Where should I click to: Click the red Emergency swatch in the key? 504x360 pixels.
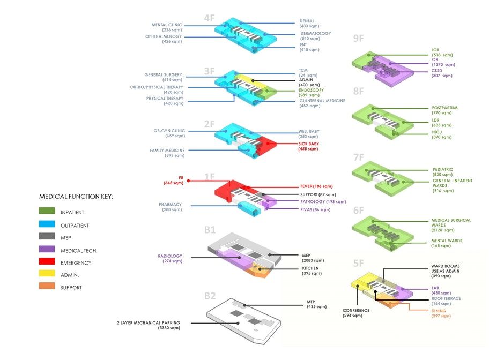(x=47, y=261)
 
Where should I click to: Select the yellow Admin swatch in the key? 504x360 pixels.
(x=47, y=273)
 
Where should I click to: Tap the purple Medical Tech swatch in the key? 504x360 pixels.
(x=47, y=249)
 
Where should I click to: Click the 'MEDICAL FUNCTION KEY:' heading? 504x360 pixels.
(x=76, y=197)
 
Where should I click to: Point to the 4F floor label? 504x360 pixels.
(x=209, y=18)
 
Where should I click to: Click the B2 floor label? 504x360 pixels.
(x=210, y=296)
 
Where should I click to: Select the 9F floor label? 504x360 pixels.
(x=358, y=39)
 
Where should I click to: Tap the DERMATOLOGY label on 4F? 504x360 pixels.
(x=316, y=33)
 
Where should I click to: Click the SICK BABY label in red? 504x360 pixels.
(x=309, y=144)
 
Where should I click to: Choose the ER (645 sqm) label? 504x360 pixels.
(x=174, y=181)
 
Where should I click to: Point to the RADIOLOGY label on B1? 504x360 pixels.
(x=170, y=256)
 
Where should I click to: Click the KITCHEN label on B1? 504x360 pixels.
(x=310, y=268)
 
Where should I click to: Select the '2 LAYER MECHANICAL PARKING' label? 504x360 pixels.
(x=149, y=322)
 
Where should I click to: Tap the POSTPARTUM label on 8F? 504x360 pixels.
(x=445, y=108)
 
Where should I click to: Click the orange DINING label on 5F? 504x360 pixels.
(x=439, y=311)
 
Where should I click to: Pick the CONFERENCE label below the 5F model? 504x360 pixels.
(x=356, y=311)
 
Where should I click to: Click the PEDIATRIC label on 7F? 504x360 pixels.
(x=443, y=170)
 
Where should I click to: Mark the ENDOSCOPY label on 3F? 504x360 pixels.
(x=312, y=90)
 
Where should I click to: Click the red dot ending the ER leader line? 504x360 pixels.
(x=188, y=181)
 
